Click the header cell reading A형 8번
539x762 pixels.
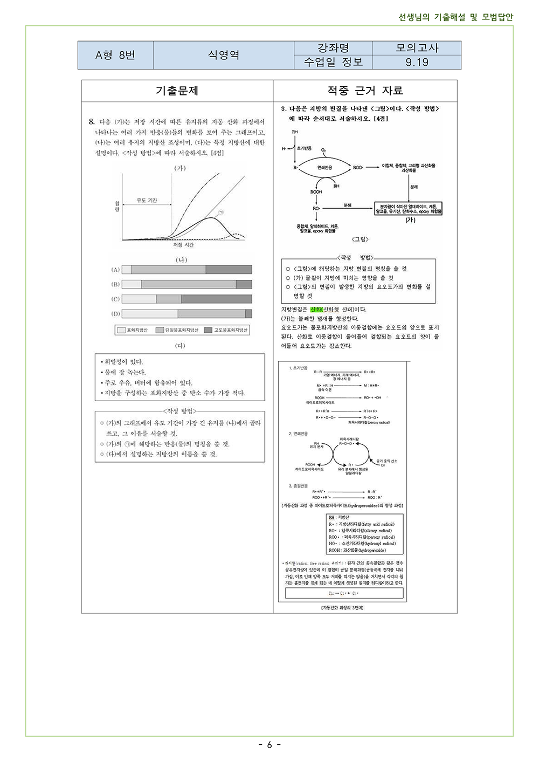pos(115,55)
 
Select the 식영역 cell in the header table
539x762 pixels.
pos(224,55)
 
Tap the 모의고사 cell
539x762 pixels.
pos(417,48)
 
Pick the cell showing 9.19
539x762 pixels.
pos(417,63)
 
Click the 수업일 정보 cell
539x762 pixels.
pos(333,63)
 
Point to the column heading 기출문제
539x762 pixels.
pos(177,91)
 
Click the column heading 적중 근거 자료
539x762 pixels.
pos(365,91)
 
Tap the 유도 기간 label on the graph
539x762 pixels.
pos(147,200)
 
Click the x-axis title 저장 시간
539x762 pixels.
pos(183,245)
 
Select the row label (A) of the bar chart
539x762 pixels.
pos(115,270)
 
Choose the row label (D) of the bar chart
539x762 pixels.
pos(115,313)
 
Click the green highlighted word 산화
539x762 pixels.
pos(316,310)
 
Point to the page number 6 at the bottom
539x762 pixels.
pos(269,745)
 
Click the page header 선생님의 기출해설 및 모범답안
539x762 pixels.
pos(455,17)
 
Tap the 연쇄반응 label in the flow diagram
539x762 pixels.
pos(324,167)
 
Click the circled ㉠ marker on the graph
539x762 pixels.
pos(220,212)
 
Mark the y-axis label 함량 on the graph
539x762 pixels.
pos(117,206)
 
